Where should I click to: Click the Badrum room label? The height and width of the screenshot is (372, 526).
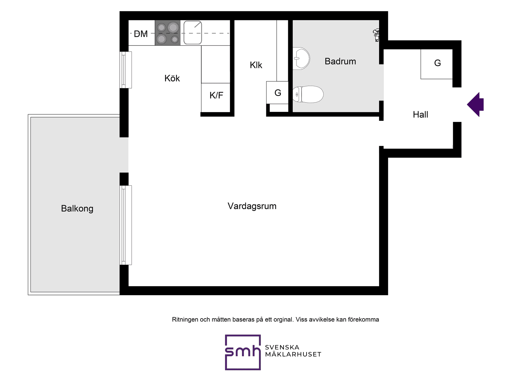[340, 61]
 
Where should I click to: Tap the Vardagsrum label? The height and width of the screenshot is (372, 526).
[252, 206]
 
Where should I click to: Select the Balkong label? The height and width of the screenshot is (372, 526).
[77, 209]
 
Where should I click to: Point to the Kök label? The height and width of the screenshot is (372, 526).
[172, 78]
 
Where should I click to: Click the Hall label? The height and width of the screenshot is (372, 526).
[421, 115]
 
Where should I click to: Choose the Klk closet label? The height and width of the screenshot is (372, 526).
[256, 65]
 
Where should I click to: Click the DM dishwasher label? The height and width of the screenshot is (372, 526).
[141, 34]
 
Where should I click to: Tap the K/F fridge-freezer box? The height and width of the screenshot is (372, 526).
[216, 98]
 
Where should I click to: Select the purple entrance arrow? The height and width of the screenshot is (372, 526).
[476, 104]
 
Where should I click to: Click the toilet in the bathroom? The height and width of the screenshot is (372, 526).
[308, 94]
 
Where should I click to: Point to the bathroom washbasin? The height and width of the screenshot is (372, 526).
[301, 58]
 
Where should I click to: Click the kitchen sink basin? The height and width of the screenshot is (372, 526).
[193, 33]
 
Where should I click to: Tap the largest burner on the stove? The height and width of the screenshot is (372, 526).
[173, 27]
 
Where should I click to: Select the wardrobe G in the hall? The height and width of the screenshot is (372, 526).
[437, 64]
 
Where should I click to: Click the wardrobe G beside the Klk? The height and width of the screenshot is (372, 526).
[277, 93]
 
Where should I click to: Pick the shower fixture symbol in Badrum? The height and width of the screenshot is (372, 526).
[376, 35]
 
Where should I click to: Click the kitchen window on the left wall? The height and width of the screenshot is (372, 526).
[126, 70]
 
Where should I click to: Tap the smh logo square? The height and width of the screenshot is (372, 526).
[243, 352]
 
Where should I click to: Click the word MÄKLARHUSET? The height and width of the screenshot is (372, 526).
[293, 354]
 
